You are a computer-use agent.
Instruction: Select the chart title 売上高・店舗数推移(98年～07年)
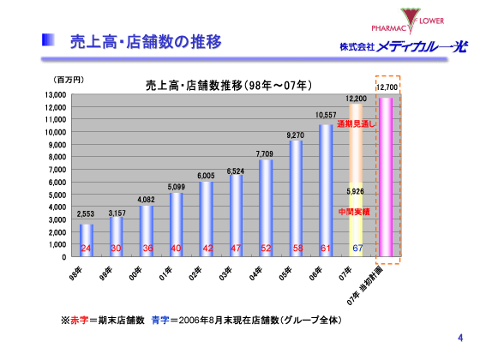click(x=229, y=86)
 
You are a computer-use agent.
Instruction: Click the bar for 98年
click(x=87, y=240)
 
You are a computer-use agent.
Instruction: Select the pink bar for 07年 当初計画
click(x=386, y=176)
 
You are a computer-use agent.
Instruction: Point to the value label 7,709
click(x=265, y=153)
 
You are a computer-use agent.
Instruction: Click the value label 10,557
click(x=325, y=115)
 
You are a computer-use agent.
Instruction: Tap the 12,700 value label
click(x=387, y=87)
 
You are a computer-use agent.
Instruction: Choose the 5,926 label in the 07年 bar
click(x=356, y=191)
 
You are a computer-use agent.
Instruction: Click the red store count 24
click(x=86, y=248)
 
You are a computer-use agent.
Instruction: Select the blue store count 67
click(x=356, y=248)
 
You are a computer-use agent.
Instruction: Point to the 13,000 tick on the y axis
click(x=55, y=95)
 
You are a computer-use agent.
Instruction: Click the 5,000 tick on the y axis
click(x=57, y=195)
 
